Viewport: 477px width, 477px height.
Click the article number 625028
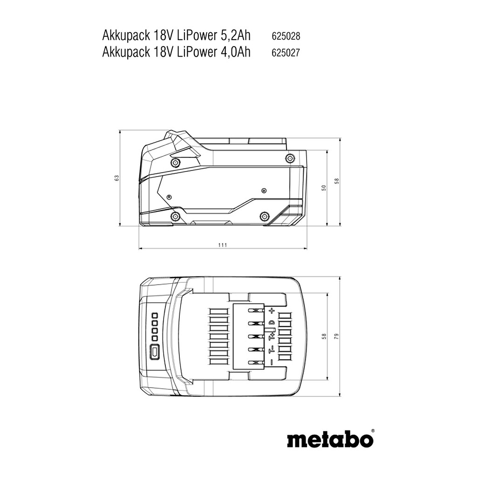click(x=286, y=36)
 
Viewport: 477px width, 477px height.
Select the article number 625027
click(x=286, y=53)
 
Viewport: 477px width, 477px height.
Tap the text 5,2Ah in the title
click(x=234, y=36)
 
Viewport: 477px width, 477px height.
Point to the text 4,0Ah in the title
click(x=234, y=52)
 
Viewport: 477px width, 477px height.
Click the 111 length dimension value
click(x=223, y=245)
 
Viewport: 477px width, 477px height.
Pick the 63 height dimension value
click(x=117, y=178)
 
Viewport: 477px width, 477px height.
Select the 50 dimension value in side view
click(x=324, y=188)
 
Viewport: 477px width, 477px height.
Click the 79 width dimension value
click(x=336, y=336)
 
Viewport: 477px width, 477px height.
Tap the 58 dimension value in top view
click(x=324, y=336)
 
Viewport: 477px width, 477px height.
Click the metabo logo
click(x=330, y=440)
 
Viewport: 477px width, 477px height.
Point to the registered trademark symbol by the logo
click(x=373, y=431)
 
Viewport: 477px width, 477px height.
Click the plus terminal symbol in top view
click(x=272, y=311)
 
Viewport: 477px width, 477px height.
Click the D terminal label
click(x=272, y=323)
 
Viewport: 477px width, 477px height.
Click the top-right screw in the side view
click(x=290, y=158)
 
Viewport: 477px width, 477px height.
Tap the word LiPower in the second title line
click(x=196, y=52)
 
